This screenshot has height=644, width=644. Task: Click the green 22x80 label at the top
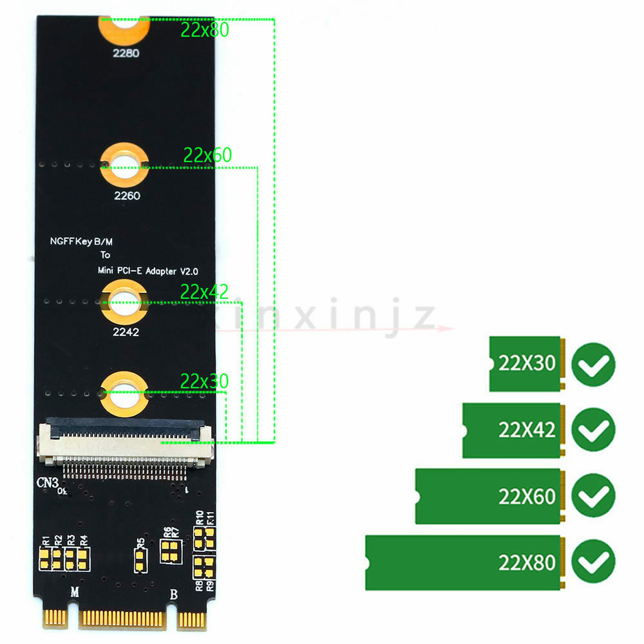[205, 30]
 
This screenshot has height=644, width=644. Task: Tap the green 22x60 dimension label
[207, 155]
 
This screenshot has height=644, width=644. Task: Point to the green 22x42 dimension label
[204, 292]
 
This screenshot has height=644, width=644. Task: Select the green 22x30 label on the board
[204, 381]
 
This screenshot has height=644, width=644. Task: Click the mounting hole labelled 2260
[124, 165]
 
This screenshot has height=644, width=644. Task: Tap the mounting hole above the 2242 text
[124, 301]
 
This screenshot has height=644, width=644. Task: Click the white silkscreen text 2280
[126, 54]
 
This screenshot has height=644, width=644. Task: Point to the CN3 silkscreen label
[47, 482]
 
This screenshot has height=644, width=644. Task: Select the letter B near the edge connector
[172, 593]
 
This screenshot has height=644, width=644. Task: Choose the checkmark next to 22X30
[593, 365]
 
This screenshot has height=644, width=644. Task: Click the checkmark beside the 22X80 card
[593, 562]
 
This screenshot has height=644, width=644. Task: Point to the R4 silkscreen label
[84, 540]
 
